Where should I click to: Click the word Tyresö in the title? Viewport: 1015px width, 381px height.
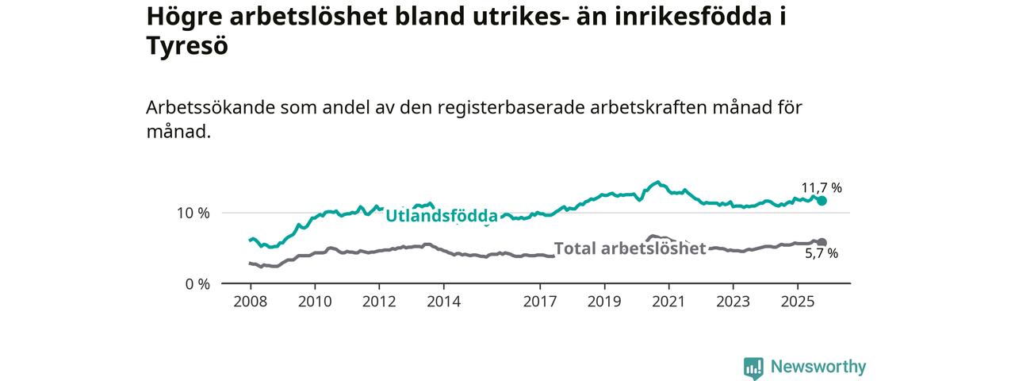click(187, 47)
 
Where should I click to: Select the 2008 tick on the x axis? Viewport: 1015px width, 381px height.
click(250, 302)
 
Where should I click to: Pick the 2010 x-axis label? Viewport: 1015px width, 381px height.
click(314, 302)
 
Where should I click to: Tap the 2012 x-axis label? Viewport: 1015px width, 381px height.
click(378, 302)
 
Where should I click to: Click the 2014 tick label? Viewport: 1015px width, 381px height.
click(442, 302)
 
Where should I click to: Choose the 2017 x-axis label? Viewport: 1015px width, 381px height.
click(539, 302)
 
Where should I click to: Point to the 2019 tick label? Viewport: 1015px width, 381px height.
click(604, 302)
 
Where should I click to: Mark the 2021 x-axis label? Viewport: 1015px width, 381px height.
click(668, 302)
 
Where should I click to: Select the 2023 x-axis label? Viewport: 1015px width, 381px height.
click(733, 302)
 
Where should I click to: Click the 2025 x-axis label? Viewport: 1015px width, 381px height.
click(797, 302)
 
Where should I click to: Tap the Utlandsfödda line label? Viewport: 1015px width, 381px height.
click(442, 216)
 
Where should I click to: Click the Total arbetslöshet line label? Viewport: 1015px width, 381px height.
click(630, 248)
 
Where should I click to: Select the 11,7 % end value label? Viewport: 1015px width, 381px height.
click(821, 188)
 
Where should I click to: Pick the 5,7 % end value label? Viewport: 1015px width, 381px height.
click(822, 254)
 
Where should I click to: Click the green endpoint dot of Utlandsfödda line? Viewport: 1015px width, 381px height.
click(822, 201)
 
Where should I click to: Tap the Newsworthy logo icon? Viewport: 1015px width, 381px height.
click(753, 368)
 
